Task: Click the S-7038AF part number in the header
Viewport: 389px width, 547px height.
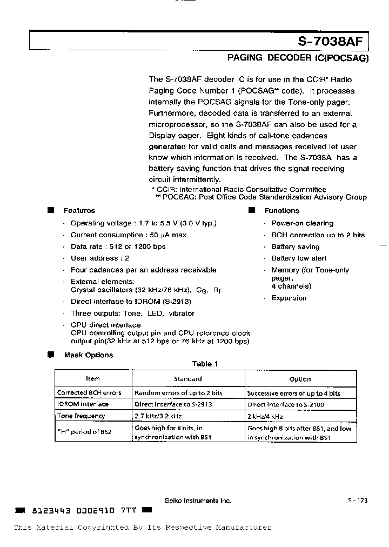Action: click(x=332, y=42)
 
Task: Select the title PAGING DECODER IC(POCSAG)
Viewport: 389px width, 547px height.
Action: click(x=297, y=58)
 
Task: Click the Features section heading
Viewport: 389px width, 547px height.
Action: click(x=79, y=211)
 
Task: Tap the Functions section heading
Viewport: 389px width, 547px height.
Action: click(x=281, y=211)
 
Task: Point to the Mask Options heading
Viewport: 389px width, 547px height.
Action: click(x=88, y=355)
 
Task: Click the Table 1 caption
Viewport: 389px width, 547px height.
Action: click(x=205, y=364)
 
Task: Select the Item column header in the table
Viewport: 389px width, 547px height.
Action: click(x=93, y=379)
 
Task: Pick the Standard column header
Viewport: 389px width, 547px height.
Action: click(x=187, y=379)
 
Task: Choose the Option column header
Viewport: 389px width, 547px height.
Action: click(x=300, y=379)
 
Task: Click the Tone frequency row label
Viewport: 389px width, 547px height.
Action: click(x=81, y=416)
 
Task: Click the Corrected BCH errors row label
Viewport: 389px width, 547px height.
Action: click(x=89, y=393)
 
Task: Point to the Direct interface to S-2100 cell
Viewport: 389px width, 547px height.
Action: click(x=285, y=404)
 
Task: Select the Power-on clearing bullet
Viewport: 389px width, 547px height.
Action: click(x=302, y=223)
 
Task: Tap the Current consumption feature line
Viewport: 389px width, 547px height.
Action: click(x=130, y=235)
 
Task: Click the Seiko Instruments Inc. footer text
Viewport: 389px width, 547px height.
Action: click(x=198, y=501)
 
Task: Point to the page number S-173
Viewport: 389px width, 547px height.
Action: click(x=358, y=501)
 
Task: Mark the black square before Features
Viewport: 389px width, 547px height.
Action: click(x=51, y=210)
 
